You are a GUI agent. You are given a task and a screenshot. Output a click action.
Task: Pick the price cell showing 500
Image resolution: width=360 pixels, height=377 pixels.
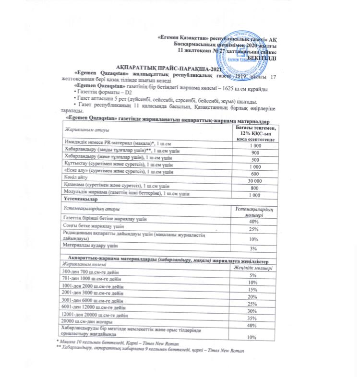[x=255, y=159]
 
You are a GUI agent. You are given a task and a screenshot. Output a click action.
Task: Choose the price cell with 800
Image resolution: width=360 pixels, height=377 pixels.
[x=255, y=188]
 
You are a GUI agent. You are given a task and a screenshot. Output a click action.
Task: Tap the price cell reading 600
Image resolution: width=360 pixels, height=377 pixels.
[x=255, y=173]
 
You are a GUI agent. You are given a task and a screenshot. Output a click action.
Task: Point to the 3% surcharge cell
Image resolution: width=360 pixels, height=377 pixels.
[x=255, y=248]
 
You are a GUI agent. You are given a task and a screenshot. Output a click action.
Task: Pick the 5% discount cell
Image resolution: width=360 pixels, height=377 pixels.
[x=255, y=275]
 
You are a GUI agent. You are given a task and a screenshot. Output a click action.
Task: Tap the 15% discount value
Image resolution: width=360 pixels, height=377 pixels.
[x=255, y=290]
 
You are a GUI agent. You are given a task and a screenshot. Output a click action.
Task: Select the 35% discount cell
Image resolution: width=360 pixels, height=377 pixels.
[x=255, y=318]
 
